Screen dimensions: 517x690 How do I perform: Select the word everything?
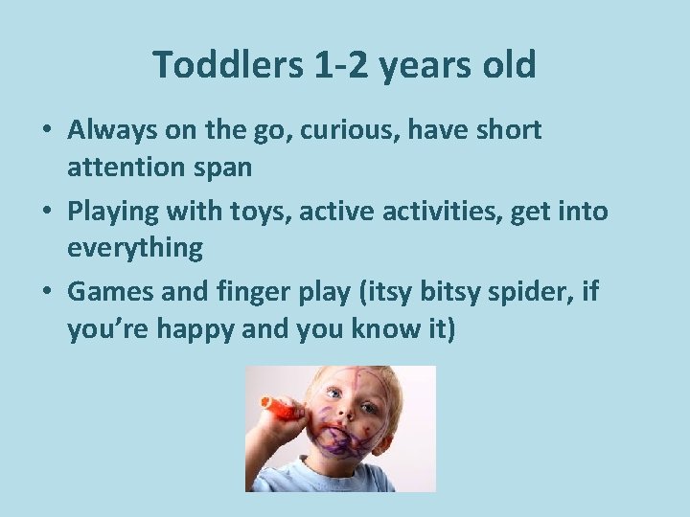tap(135, 250)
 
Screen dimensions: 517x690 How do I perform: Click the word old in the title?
tap(511, 66)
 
